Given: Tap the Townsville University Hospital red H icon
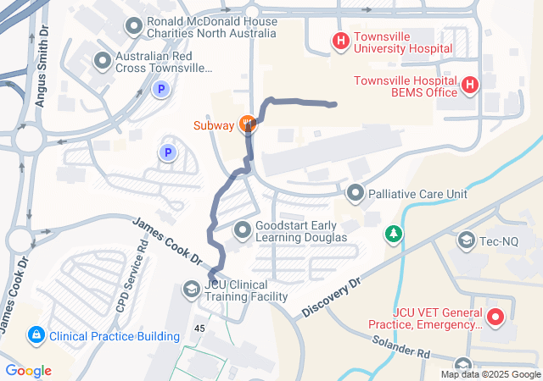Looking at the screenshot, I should coord(340,40).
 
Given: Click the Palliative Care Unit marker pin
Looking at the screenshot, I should coord(355,193).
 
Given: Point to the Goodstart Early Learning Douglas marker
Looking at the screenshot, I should coord(243,229).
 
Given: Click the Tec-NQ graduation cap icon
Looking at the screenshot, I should coord(466,240).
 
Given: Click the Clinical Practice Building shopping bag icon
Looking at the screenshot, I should coord(36,335).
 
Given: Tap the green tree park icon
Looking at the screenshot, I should coord(393,232).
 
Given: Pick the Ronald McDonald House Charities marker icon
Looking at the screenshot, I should coord(133,27).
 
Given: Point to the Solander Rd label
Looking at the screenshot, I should coord(400,345).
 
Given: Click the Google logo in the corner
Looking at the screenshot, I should coord(28,371).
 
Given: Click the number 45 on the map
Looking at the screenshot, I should coord(200,329).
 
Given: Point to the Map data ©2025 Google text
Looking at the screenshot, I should coord(490,374).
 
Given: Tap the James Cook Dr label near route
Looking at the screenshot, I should coord(169,240).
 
